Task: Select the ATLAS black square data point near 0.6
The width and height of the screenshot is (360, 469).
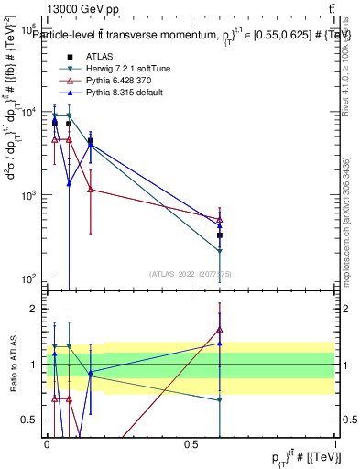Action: [x=220, y=235]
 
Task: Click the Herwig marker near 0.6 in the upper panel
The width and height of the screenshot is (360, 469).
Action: [x=220, y=251]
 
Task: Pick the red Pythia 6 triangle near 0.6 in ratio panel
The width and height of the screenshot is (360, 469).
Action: [x=220, y=330]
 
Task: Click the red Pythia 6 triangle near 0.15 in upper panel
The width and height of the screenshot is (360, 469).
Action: [x=90, y=190]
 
